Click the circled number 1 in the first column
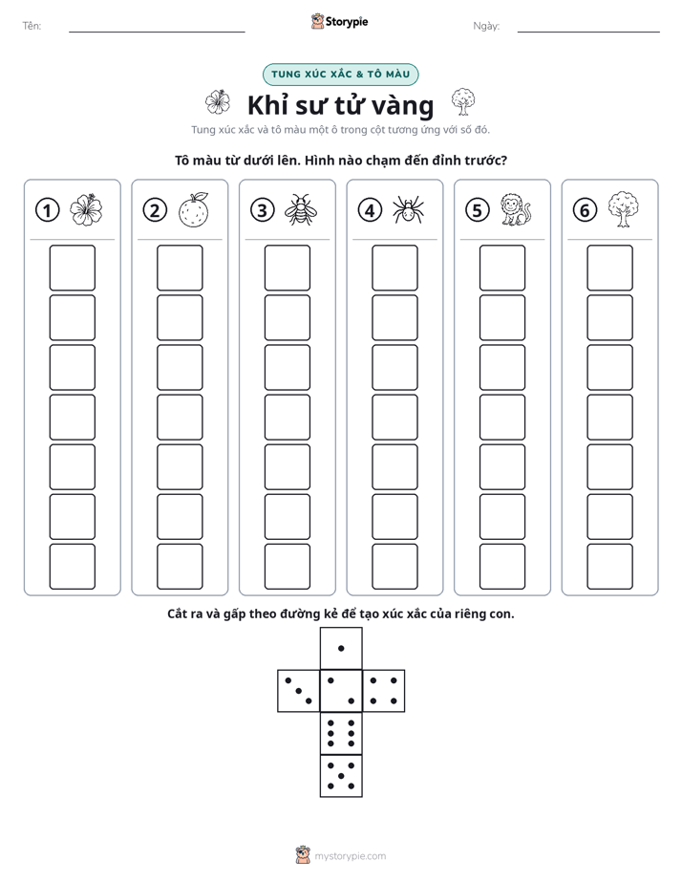(47, 210)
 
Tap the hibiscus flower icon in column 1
(86, 210)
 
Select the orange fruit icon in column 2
(194, 210)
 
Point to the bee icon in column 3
(301, 210)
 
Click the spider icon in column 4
(409, 210)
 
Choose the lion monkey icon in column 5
(516, 210)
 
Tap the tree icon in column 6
(624, 209)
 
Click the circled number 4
(370, 210)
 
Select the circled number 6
(585, 210)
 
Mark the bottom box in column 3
(288, 567)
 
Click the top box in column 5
(502, 268)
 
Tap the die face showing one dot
(341, 649)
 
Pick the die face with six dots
(341, 733)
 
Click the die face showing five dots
(341, 776)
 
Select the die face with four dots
(384, 691)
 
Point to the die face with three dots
(299, 691)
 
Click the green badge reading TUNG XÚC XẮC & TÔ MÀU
(340, 75)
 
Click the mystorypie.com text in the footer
(350, 856)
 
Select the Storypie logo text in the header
(347, 22)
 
